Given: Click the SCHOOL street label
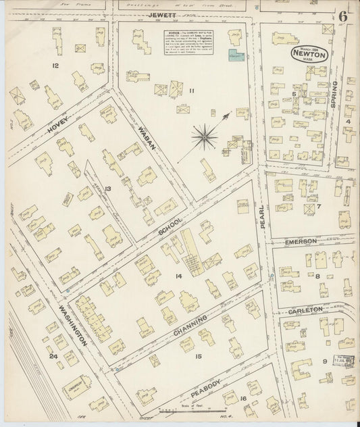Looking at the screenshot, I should (x=165, y=230).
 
